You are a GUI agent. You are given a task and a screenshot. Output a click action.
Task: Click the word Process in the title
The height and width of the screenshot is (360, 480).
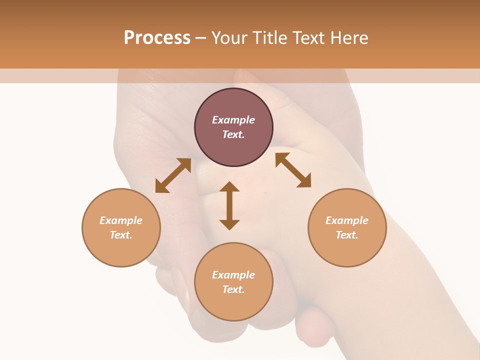pos(157,38)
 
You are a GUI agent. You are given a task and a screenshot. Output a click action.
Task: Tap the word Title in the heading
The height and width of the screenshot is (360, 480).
pos(270,38)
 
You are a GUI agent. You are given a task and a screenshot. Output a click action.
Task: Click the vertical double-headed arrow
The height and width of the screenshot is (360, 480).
pos(229,205)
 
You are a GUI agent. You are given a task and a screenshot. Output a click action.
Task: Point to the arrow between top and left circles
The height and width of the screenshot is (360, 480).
pos(173,175)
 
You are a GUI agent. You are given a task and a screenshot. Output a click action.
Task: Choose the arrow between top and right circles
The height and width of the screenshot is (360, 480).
pos(293,170)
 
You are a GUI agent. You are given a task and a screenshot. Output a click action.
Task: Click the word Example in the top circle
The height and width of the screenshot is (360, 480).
pos(233,120)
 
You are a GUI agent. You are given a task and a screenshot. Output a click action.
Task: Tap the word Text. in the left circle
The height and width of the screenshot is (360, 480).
pos(121,235)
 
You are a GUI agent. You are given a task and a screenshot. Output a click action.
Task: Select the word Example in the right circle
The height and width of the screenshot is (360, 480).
pos(347,220)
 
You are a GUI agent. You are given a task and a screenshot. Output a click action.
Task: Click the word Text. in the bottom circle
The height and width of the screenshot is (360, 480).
pos(233,289)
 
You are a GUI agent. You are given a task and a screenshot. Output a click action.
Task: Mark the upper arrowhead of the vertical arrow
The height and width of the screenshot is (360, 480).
pos(229,186)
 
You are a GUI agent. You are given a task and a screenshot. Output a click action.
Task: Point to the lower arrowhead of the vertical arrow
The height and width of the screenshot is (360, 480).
pos(229,224)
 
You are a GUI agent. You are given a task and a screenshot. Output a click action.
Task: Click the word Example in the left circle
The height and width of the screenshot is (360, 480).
pos(121,220)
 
